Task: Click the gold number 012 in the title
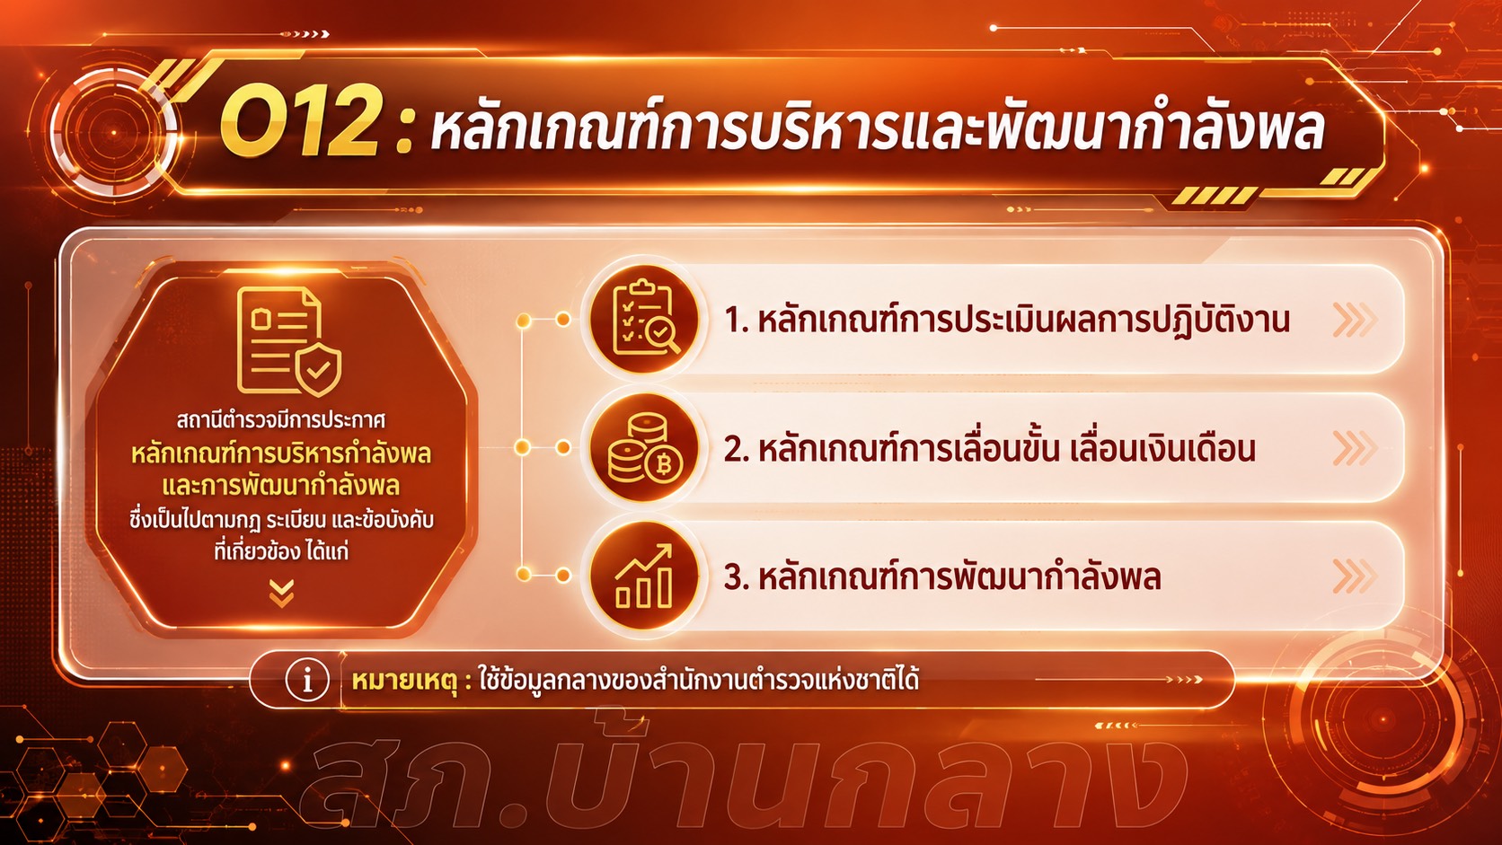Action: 299,122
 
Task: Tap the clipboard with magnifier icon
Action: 645,319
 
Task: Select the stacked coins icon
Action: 645,447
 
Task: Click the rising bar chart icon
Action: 644,576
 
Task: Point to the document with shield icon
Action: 289,342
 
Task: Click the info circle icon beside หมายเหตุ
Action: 307,680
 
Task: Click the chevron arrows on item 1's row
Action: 1355,320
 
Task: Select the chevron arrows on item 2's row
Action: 1355,448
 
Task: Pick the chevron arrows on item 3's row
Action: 1355,577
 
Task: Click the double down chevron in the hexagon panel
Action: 282,594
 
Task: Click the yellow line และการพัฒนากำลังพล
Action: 281,486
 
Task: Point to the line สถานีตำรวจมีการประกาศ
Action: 281,421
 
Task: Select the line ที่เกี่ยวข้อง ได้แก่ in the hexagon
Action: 281,551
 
